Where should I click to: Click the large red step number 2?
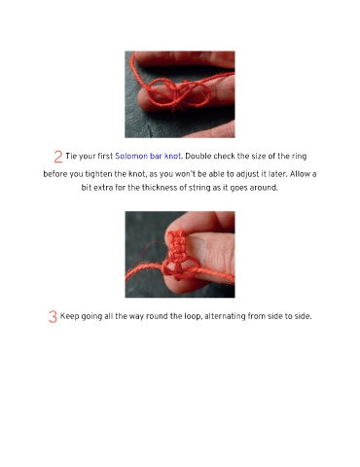(58, 157)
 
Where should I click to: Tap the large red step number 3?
(53, 317)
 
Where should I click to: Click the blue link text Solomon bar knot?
(148, 157)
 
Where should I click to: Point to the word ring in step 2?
(299, 157)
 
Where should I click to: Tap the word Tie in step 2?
(71, 157)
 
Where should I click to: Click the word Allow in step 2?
(300, 174)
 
